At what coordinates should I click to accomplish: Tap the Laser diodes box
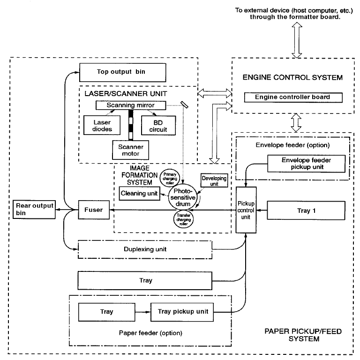click(100, 124)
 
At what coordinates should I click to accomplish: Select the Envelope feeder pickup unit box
click(306, 163)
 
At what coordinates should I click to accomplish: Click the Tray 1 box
click(304, 210)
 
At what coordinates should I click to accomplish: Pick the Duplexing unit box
click(145, 250)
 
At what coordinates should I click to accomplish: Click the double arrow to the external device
click(295, 38)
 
